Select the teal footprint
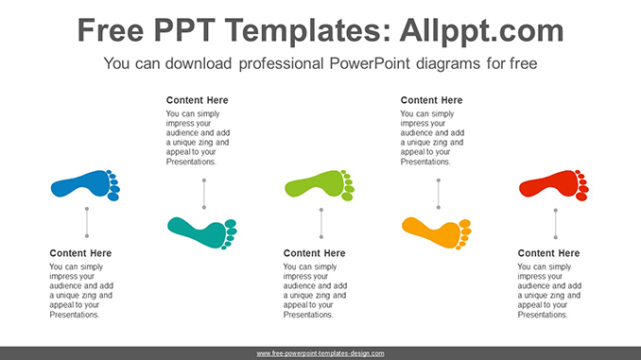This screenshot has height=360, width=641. [198, 230]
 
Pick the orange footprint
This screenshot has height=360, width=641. [432, 230]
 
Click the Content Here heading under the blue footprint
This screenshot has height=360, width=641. [80, 253]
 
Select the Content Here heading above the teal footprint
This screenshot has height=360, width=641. [198, 100]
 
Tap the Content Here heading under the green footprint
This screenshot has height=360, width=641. [315, 253]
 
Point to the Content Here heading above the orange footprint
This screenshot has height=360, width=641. [432, 100]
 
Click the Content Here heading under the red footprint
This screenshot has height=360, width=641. [549, 253]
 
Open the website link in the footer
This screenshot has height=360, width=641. [320, 353]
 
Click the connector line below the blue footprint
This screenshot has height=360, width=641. [87, 222]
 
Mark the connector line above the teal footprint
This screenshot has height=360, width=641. [204, 194]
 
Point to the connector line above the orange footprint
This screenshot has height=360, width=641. [439, 194]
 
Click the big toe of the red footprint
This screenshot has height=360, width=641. [581, 175]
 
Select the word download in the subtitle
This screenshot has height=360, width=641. [194, 64]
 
